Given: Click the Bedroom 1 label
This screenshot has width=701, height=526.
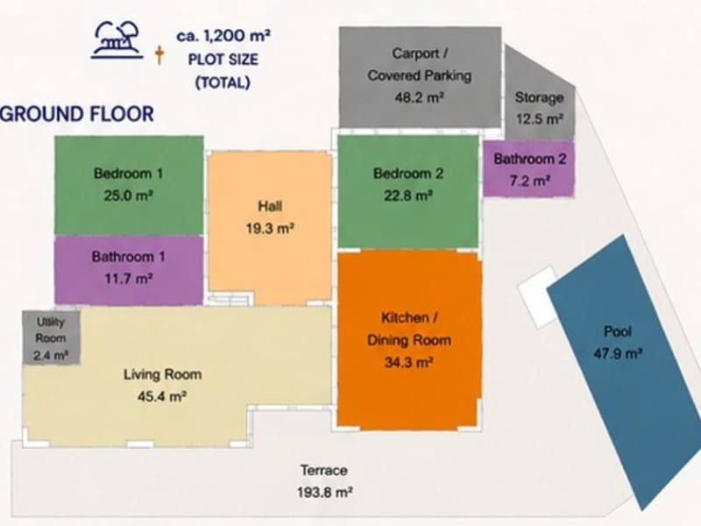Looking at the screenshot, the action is coord(128,174).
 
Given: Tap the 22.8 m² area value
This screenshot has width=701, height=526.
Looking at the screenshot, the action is coord(408,195).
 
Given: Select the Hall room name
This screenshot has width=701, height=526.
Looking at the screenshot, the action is coord(270,206).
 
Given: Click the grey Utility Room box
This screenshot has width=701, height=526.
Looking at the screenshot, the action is coord(51,338).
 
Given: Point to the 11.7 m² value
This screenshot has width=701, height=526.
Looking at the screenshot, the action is coord(129,279).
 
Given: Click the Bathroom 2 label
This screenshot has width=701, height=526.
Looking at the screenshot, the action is coord(530,159).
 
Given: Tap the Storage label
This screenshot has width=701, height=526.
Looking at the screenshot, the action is coord(539,97).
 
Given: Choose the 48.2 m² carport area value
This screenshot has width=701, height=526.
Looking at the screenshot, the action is coord(419,97).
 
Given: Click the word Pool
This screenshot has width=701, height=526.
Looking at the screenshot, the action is coord(618,331).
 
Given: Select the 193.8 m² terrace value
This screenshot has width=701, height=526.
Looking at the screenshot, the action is coord(325,493).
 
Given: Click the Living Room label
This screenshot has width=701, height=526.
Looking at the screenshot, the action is coord(163,374).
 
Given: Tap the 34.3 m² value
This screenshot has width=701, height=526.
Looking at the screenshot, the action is coord(408,362).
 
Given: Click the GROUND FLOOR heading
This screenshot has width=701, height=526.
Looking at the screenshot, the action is coord(77,114).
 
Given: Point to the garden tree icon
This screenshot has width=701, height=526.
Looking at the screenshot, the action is coord(117,40).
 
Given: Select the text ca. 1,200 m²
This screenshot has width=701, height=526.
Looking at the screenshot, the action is coord(223,35).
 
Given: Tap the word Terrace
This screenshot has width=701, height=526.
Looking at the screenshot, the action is coord(324,471).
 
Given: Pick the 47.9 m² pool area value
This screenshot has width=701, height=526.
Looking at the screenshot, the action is coord(618,354).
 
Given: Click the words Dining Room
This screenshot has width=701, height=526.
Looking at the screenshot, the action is coord(409,340).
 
